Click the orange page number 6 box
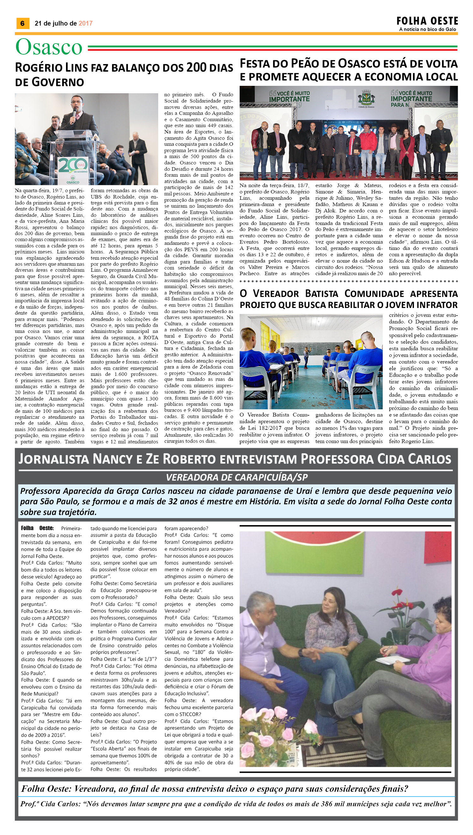22,23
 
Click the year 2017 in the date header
86,23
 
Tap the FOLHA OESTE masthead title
427,21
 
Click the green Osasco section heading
49,47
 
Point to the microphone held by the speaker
75,112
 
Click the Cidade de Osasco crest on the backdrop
366,98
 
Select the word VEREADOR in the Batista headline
276,293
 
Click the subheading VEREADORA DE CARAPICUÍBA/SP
236,477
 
